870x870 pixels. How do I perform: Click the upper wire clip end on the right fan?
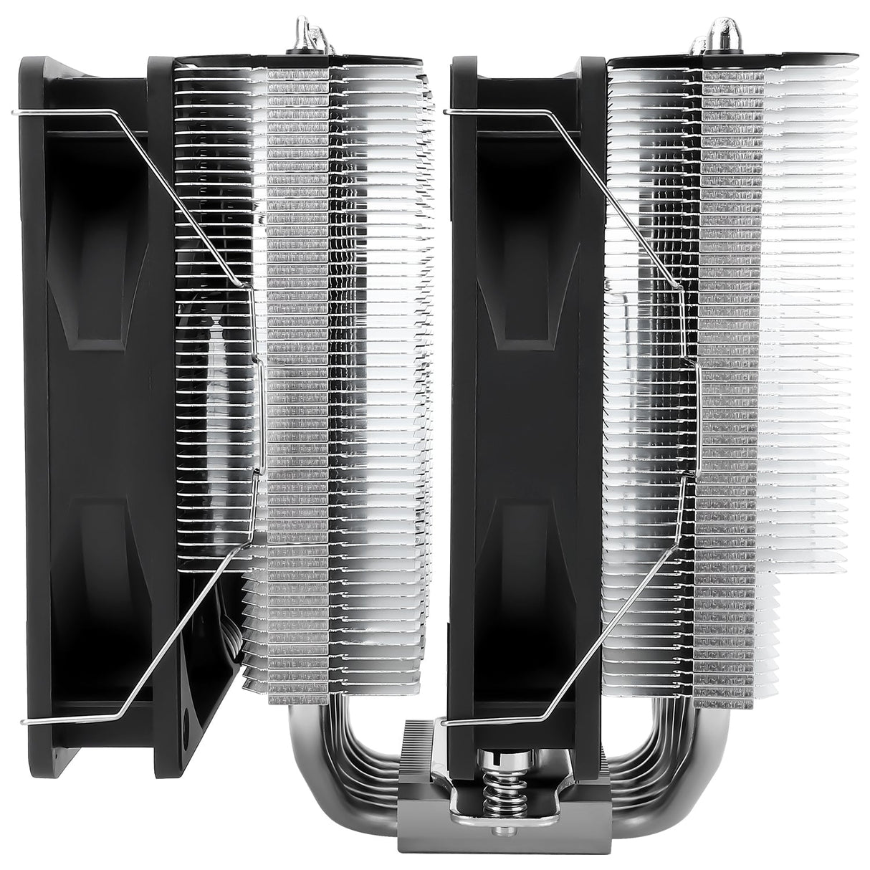(x=449, y=111)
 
